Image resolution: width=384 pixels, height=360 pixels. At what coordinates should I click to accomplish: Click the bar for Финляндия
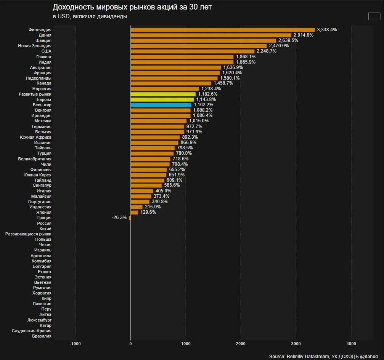(223, 30)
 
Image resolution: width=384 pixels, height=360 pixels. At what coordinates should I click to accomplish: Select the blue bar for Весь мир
(161, 105)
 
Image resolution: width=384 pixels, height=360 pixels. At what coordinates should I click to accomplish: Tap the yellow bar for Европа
(162, 99)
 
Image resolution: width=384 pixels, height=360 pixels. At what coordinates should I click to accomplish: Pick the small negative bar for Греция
(130, 218)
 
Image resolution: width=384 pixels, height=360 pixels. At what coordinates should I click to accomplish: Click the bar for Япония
(134, 213)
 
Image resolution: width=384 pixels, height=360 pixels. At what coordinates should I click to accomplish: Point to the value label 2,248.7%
(267, 51)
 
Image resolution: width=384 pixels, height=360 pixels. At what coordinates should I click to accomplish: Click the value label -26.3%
(119, 218)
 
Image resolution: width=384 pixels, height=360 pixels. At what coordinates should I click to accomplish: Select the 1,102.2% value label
(204, 105)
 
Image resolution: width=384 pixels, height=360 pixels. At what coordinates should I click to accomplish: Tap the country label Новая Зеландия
(35, 46)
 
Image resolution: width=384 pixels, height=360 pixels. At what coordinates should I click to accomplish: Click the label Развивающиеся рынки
(28, 234)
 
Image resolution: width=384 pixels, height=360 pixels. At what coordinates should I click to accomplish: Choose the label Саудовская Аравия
(32, 331)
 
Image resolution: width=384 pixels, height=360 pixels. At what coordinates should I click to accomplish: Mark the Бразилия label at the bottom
(42, 336)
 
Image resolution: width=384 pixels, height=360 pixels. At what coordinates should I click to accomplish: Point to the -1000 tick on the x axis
(75, 344)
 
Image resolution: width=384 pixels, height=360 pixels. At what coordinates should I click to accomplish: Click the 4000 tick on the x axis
(351, 344)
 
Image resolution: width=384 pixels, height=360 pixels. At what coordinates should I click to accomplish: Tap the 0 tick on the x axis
(130, 344)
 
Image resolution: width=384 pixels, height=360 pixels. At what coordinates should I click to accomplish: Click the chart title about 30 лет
(132, 7)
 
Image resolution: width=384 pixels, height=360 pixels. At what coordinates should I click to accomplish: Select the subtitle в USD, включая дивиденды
(90, 16)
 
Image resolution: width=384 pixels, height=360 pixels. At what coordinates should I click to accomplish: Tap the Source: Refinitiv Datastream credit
(323, 357)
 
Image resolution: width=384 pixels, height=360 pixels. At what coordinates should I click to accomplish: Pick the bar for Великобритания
(150, 159)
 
